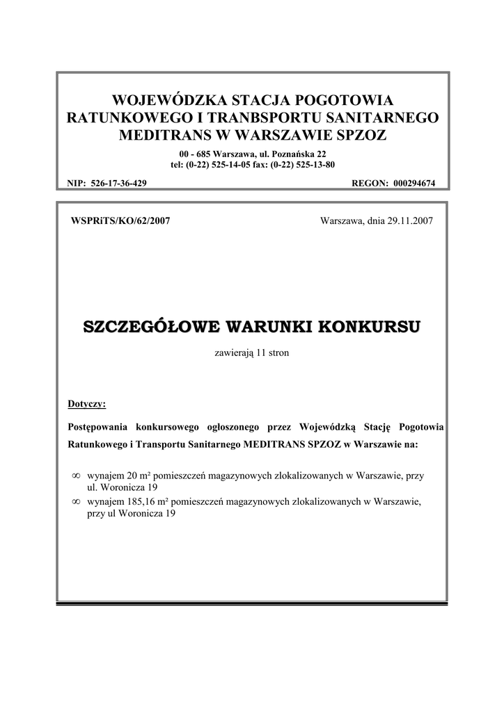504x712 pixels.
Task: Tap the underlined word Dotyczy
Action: [86, 403]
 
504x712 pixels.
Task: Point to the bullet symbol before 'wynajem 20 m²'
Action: [76, 476]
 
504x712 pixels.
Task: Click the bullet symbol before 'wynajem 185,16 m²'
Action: [76, 501]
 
